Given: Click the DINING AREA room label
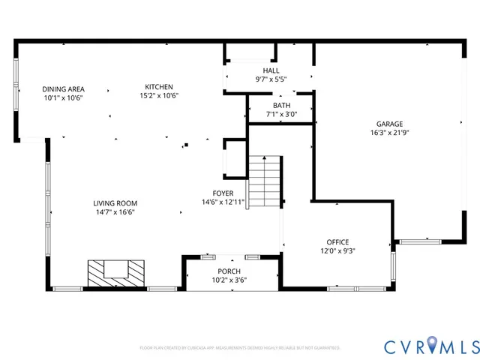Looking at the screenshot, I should click(x=63, y=88).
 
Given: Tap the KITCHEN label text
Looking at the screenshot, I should click(x=159, y=87).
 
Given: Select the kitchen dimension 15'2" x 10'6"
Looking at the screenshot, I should click(x=159, y=96).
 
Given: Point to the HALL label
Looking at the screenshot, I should click(x=271, y=70).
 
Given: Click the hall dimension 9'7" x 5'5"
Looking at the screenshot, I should click(x=271, y=79).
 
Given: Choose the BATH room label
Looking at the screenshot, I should click(x=281, y=106).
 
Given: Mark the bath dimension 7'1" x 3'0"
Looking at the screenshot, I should click(x=281, y=115).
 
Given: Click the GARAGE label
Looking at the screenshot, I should click(x=389, y=124).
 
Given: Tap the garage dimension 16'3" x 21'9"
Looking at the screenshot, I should click(x=389, y=133).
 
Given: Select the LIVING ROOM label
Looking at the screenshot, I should click(x=115, y=203).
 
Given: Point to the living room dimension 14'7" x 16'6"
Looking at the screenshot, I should click(x=115, y=212).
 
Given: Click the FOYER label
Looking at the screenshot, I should click(x=223, y=193).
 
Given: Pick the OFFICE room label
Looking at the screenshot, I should click(x=337, y=242).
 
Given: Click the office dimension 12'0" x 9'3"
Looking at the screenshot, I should click(x=337, y=251).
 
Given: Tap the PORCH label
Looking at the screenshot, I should click(x=229, y=271).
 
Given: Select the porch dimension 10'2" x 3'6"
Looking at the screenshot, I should click(x=229, y=280).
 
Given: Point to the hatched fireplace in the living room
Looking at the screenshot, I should click(x=115, y=272).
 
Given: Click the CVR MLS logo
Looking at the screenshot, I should click(x=431, y=346).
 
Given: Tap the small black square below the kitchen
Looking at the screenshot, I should click(x=186, y=144).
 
